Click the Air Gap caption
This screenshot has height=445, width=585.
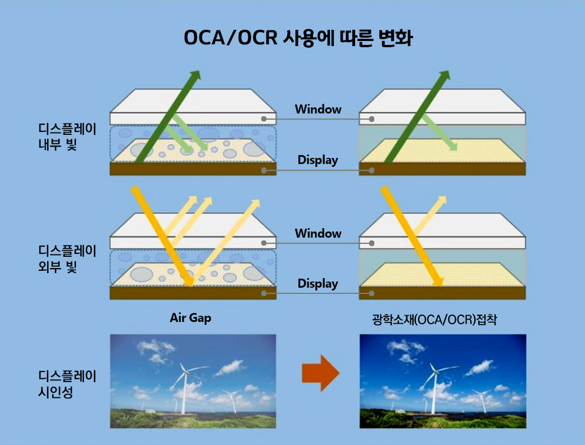[x=191, y=318]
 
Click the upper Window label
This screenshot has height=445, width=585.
[x=318, y=109]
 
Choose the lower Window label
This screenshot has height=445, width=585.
[x=318, y=233]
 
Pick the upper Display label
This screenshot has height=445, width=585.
[x=318, y=160]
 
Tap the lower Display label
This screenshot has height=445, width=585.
[x=318, y=284]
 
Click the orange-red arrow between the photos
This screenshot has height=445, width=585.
[x=320, y=373]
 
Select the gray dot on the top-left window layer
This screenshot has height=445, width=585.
[x=264, y=119]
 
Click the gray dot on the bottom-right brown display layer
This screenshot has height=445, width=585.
[x=371, y=293]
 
